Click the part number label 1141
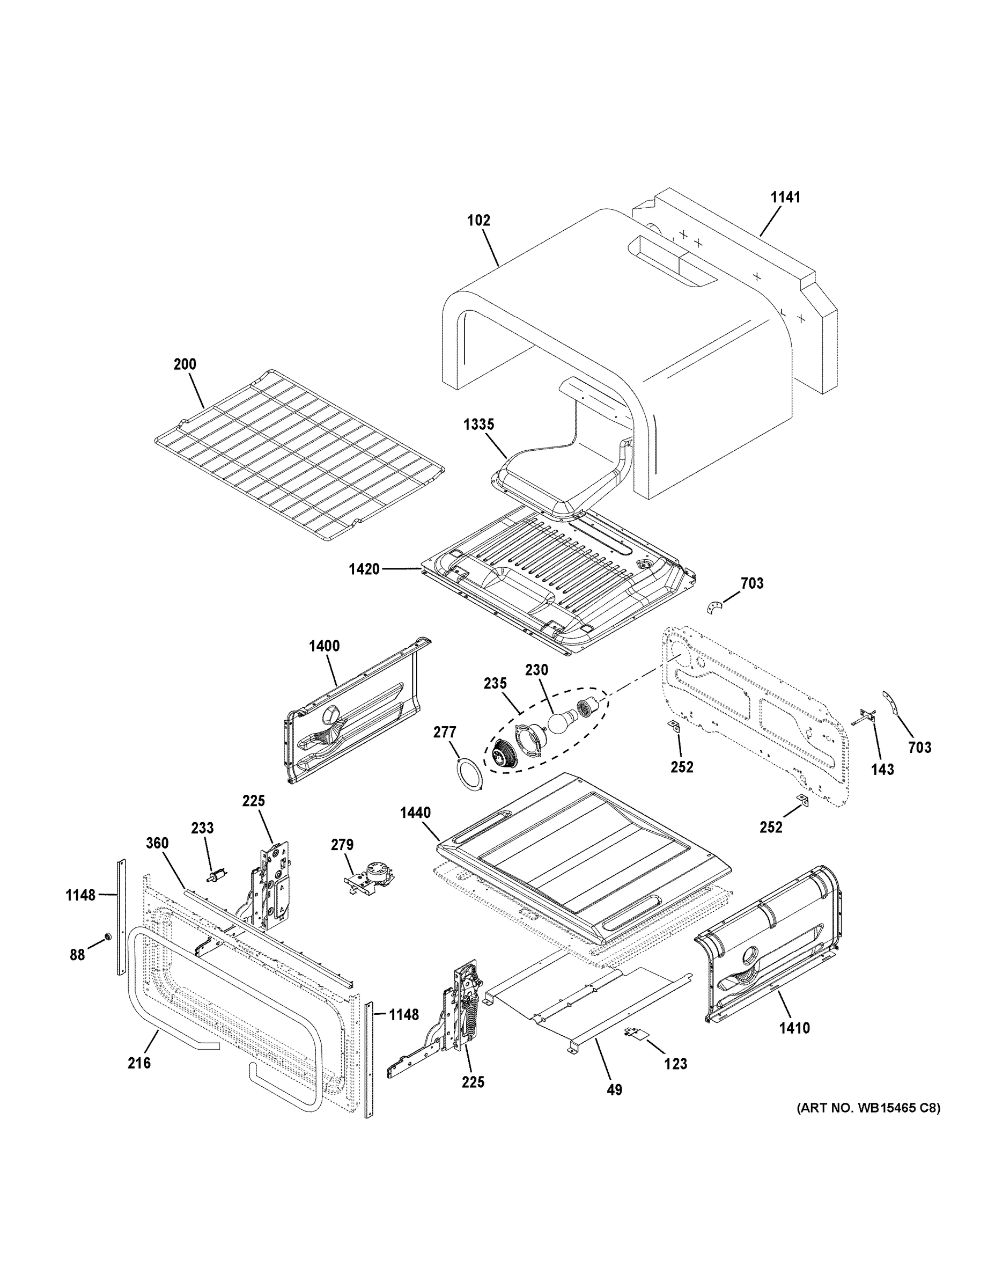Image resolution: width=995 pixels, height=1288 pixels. tap(785, 197)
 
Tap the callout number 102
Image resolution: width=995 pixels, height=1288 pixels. tap(478, 221)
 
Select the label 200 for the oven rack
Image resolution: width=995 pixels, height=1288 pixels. tap(185, 364)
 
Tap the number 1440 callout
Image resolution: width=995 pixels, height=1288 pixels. tap(415, 813)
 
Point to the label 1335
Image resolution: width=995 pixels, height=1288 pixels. tap(478, 425)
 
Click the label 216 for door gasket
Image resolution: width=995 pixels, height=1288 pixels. tap(139, 1063)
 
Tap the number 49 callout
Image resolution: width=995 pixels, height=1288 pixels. tap(614, 1091)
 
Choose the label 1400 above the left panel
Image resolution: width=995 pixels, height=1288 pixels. tap(323, 646)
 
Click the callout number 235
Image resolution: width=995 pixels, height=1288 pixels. tap(495, 684)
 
